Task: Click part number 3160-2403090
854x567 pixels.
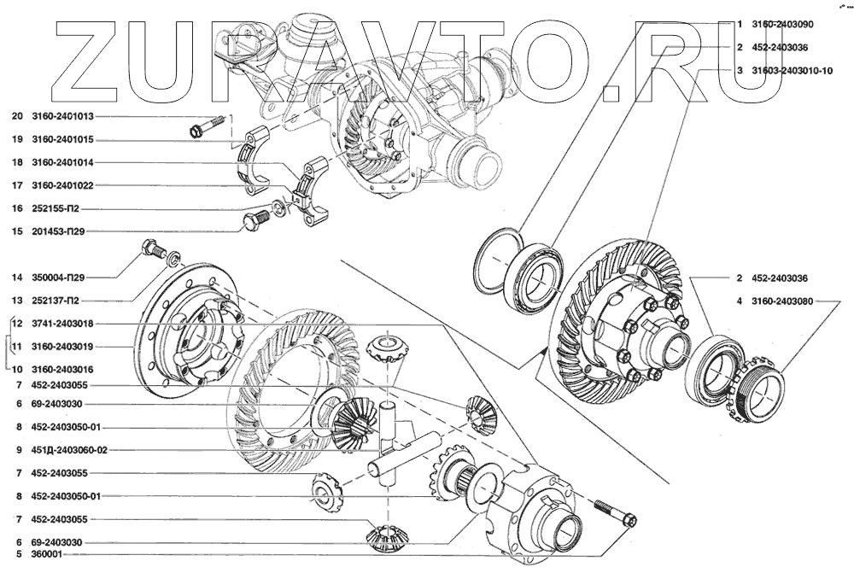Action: (x=782, y=25)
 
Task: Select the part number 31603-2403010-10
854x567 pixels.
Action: (x=792, y=71)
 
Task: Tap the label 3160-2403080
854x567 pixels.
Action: (x=782, y=301)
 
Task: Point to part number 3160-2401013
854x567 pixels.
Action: (x=62, y=116)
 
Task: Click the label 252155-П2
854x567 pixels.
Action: (x=56, y=208)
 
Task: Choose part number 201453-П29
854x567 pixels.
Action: (x=58, y=231)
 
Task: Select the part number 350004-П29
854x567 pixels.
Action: (x=58, y=278)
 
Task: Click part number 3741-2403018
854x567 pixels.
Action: (x=62, y=324)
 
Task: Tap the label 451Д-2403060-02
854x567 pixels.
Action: (x=70, y=451)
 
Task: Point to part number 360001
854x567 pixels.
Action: (x=47, y=554)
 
